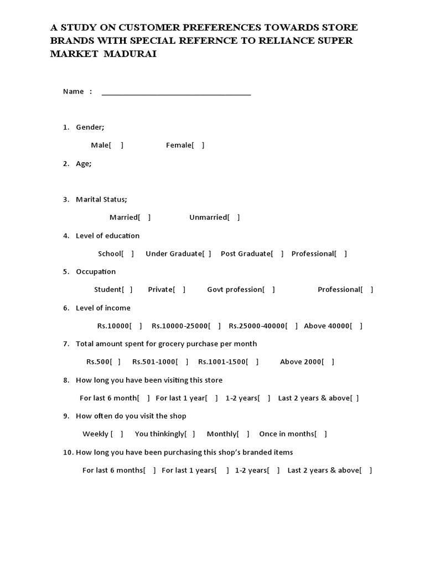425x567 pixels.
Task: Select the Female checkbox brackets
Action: tap(198, 145)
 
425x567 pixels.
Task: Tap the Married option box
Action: tap(144, 218)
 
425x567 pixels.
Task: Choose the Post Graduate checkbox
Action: tap(277, 254)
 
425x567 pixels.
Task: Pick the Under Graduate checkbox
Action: tap(206, 254)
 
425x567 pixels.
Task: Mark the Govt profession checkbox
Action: tap(268, 290)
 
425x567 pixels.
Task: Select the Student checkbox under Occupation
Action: tap(127, 290)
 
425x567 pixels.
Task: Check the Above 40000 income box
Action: tap(357, 326)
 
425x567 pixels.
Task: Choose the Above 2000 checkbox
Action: tap(328, 362)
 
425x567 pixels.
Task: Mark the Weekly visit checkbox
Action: tap(117, 434)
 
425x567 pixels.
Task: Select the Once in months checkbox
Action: tap(321, 434)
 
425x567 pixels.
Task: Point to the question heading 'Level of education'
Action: tap(107, 236)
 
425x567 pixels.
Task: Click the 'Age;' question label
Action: tap(84, 164)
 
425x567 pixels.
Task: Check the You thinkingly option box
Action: tap(189, 434)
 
